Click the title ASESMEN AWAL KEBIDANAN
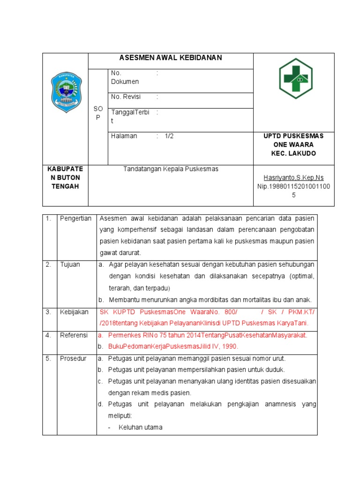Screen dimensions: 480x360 (x=171, y=58)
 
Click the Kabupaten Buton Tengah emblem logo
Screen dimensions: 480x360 (x=66, y=92)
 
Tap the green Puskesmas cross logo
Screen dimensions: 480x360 (x=295, y=78)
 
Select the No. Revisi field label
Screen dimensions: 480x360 (x=126, y=97)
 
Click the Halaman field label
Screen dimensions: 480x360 (x=124, y=136)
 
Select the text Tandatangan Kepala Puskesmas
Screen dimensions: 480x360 (x=171, y=169)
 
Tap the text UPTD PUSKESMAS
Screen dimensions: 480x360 (x=294, y=136)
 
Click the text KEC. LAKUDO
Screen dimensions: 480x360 (x=294, y=153)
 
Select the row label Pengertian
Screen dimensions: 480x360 (x=75, y=219)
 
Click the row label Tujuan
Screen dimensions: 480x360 (x=70, y=264)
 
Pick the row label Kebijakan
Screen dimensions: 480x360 (x=74, y=312)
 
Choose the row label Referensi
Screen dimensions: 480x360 (x=74, y=335)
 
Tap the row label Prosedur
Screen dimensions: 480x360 (x=73, y=358)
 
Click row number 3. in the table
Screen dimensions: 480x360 (x=48, y=312)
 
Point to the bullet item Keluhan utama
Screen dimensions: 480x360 (x=140, y=427)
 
